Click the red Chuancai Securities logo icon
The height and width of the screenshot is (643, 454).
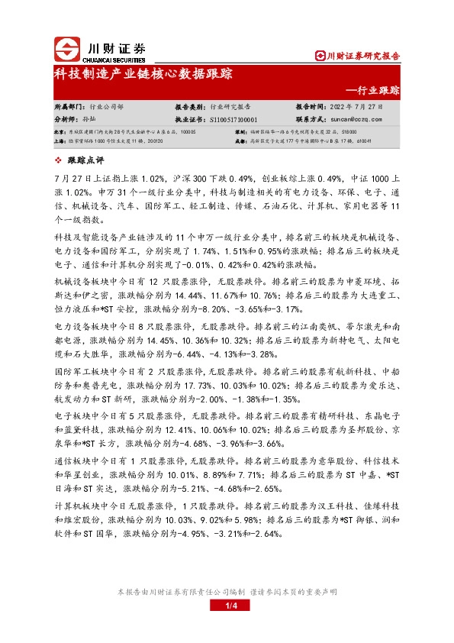point(69,50)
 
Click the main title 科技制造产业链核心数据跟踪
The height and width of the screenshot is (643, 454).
point(143,75)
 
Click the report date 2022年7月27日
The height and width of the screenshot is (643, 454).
point(357,108)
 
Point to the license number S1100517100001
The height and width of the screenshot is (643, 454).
point(232,119)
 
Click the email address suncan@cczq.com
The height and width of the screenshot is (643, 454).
point(356,119)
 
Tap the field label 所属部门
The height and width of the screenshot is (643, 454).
point(69,108)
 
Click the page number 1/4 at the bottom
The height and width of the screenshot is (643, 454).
point(227,606)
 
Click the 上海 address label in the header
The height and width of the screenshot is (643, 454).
point(60,140)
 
